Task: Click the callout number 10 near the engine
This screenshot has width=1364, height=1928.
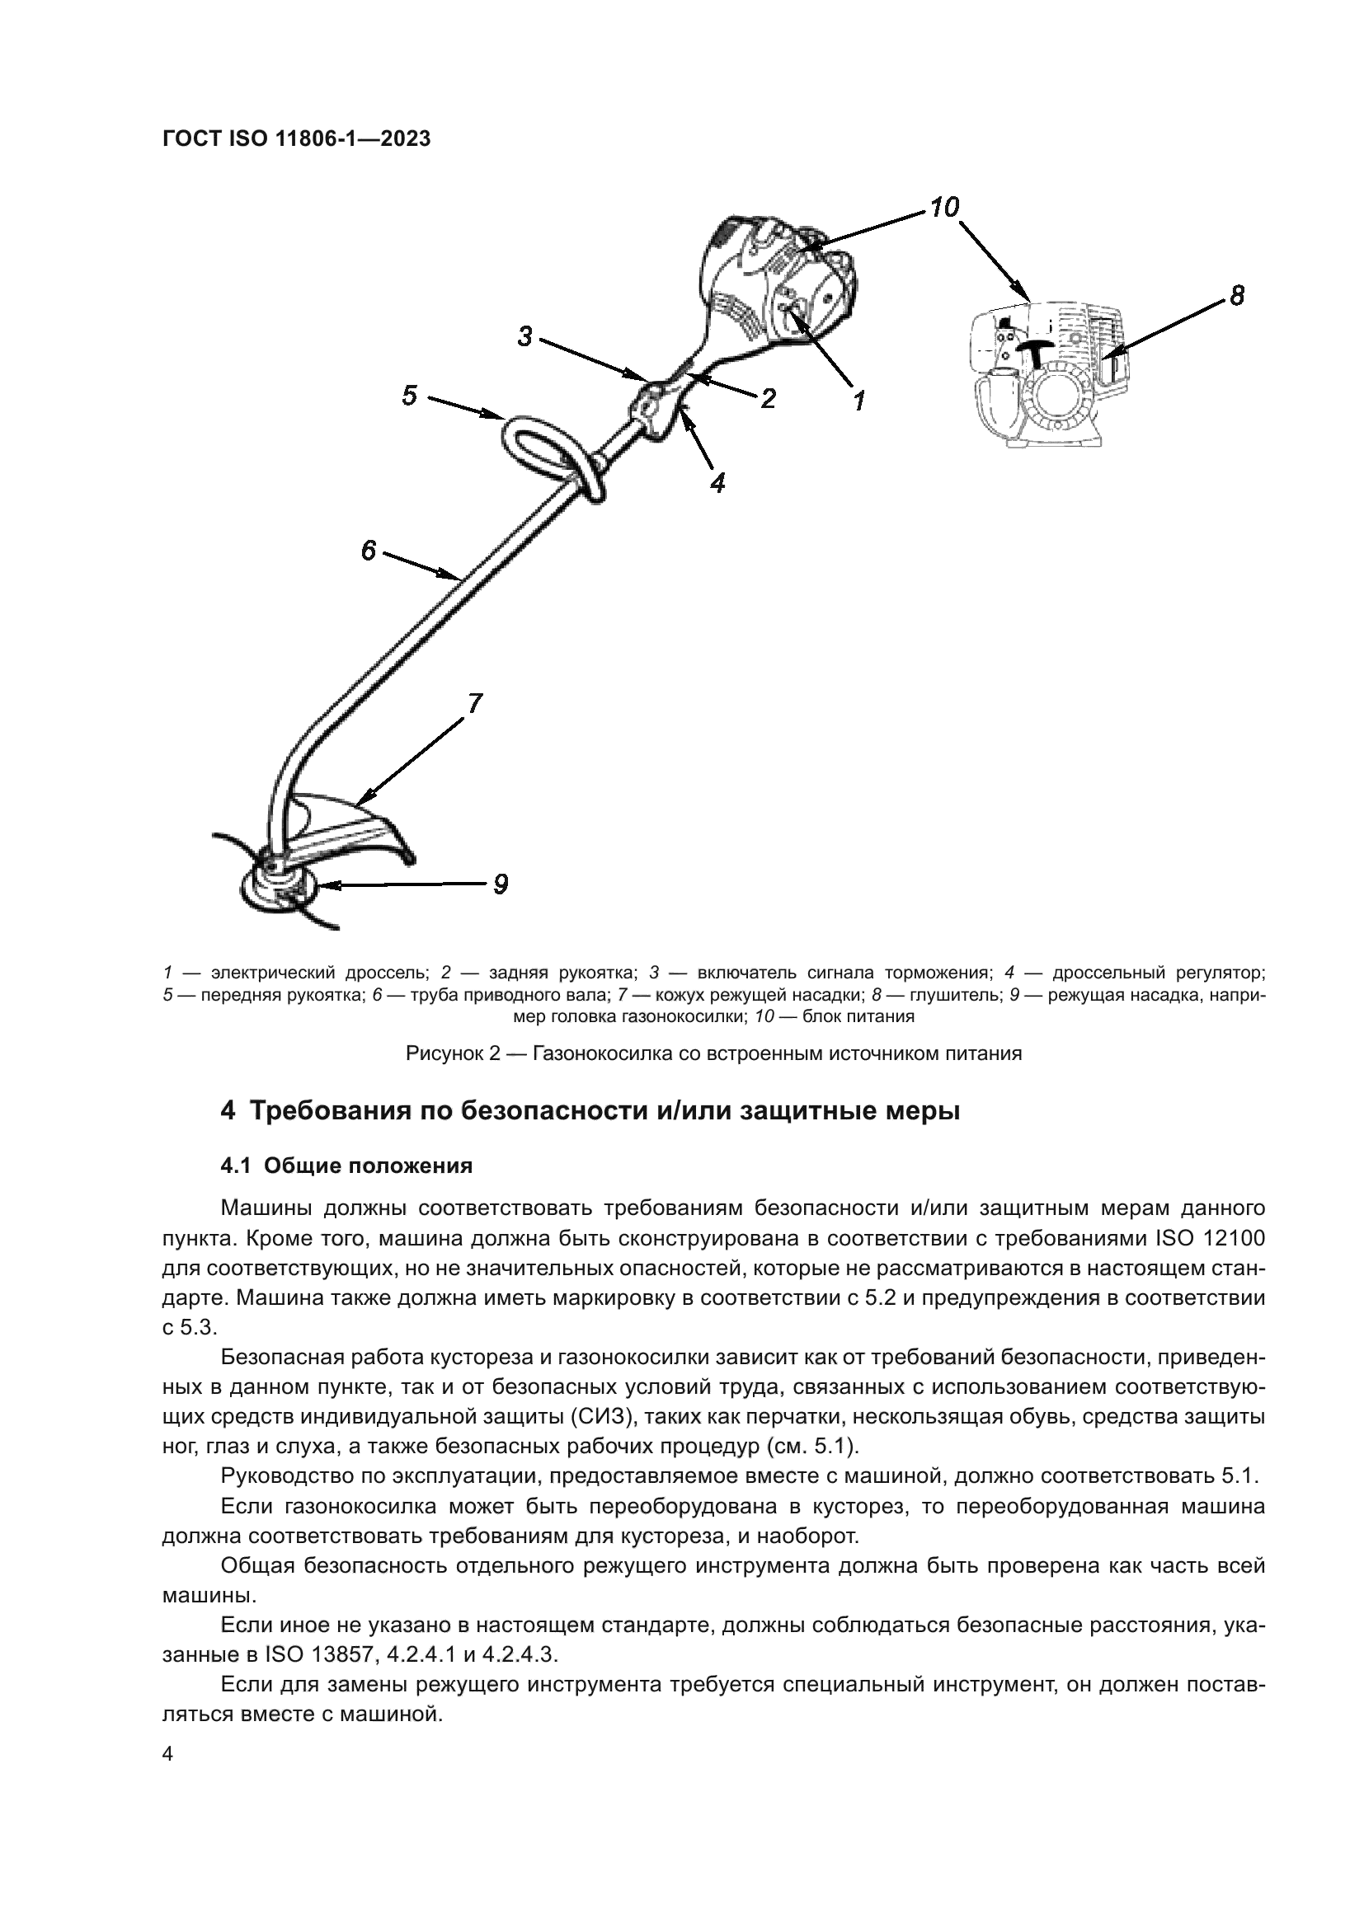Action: pyautogui.click(x=944, y=207)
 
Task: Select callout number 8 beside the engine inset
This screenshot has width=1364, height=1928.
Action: pyautogui.click(x=1236, y=296)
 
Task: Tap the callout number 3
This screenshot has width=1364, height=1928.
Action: pyautogui.click(x=525, y=337)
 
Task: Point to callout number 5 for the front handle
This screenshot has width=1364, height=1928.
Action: pyautogui.click(x=409, y=395)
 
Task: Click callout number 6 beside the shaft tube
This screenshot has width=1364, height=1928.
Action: pyautogui.click(x=368, y=551)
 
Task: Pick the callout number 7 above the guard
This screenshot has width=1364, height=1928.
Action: pyautogui.click(x=474, y=703)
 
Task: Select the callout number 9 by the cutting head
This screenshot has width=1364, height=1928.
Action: pyautogui.click(x=500, y=884)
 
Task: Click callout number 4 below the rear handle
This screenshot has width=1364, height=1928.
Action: pyautogui.click(x=717, y=482)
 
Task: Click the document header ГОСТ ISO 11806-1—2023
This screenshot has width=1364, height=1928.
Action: pyautogui.click(x=296, y=139)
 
